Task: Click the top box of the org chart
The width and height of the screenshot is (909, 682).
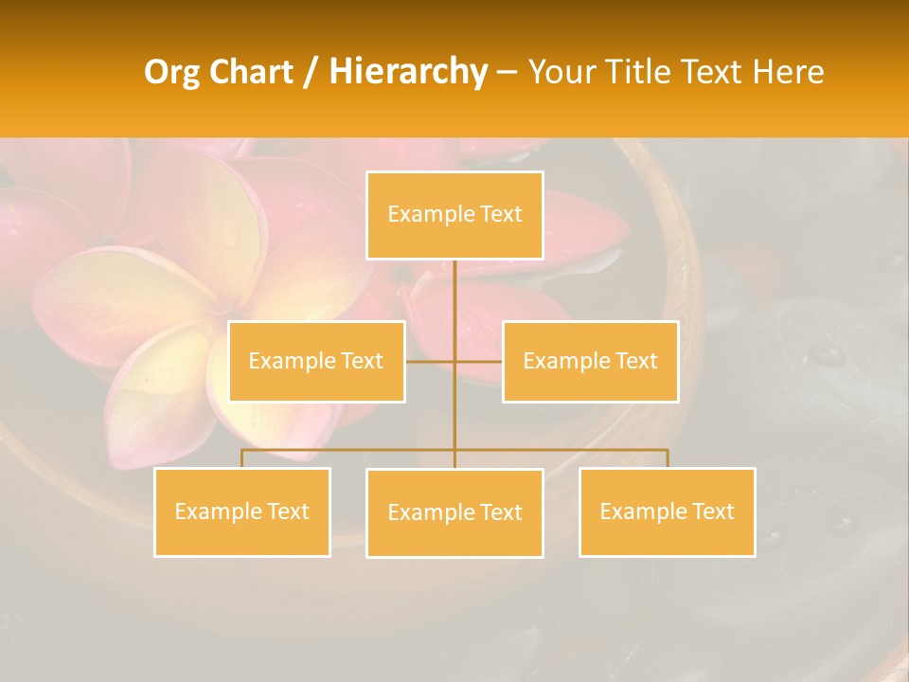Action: pos(454,215)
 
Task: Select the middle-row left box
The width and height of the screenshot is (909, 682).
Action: pos(316,361)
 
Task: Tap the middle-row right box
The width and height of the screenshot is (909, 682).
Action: pos(590,361)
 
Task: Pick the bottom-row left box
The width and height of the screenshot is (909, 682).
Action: pos(241,511)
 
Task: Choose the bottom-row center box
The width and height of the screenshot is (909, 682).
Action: pos(454,512)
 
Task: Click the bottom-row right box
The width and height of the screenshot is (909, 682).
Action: pos(667,511)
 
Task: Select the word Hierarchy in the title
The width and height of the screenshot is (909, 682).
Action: pos(408,73)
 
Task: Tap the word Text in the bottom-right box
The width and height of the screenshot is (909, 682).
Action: pos(712,511)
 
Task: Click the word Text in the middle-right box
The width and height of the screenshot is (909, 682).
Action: pos(635,361)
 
